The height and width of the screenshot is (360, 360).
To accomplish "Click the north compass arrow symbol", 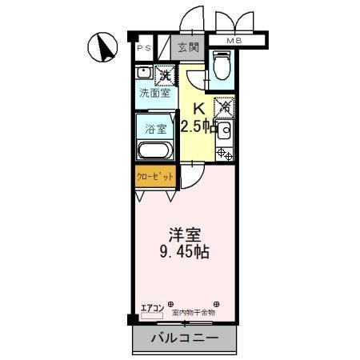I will coord(102,47).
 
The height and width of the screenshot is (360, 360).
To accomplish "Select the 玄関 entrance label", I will coord(189,47).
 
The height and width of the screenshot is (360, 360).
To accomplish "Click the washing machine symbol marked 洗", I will coord(165,76).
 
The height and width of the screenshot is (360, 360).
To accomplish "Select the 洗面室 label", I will coord(154,94).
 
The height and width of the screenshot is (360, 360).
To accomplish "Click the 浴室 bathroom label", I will coord(154,128).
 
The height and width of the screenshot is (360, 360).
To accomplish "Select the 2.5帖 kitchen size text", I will coord(198,126).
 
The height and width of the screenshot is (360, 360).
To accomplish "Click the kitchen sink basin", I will coord(225,130).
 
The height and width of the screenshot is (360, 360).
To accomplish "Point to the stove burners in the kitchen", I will coord(224,153).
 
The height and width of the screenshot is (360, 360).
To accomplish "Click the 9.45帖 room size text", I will coord(183,252).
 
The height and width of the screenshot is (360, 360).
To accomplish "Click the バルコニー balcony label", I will coord(185,338).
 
